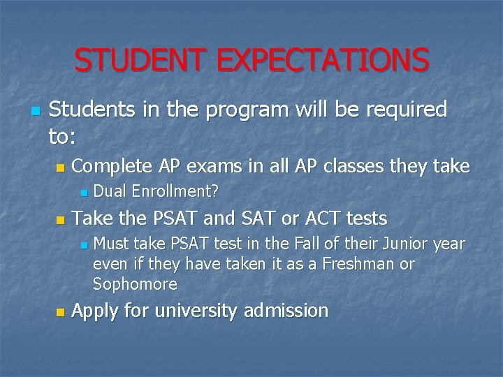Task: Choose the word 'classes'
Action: click(359, 166)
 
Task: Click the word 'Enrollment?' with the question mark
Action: click(175, 191)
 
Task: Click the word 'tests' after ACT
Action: click(365, 219)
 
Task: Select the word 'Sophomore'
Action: click(135, 284)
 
